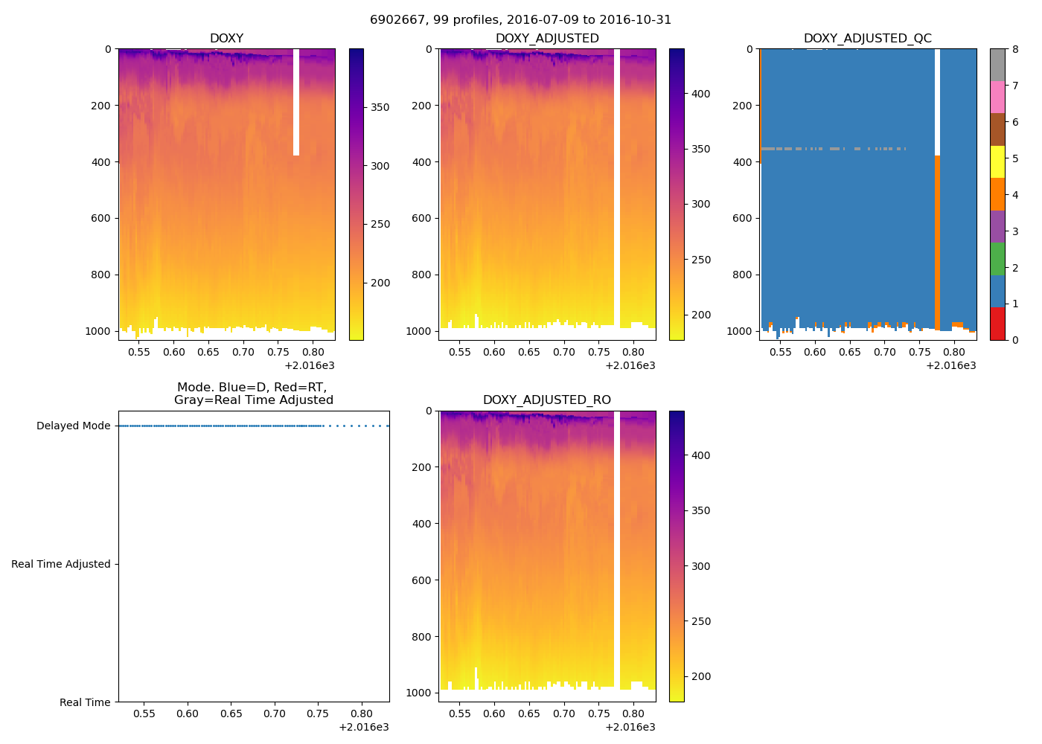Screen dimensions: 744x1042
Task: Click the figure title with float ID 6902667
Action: [x=520, y=20]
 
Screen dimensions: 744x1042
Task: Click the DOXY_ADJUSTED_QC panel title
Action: [x=867, y=39]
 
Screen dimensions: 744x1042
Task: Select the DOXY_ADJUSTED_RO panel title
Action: [x=547, y=400]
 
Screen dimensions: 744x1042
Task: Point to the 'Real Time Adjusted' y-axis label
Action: [x=61, y=564]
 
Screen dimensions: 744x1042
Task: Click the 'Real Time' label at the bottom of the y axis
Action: [x=85, y=702]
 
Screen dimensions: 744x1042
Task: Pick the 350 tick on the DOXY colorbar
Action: [x=380, y=107]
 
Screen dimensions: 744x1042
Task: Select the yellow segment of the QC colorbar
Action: [x=997, y=162]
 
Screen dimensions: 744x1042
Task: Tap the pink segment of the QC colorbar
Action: [x=997, y=97]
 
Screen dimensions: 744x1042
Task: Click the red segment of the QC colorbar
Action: [x=997, y=324]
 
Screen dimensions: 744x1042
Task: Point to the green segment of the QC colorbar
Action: [x=997, y=259]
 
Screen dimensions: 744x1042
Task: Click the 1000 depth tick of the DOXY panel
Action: [x=98, y=331]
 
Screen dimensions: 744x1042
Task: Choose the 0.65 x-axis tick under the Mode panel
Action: [x=231, y=714]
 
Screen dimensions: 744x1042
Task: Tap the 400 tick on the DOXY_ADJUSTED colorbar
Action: [x=700, y=94]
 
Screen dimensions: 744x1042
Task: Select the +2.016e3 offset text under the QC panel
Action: [x=950, y=365]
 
